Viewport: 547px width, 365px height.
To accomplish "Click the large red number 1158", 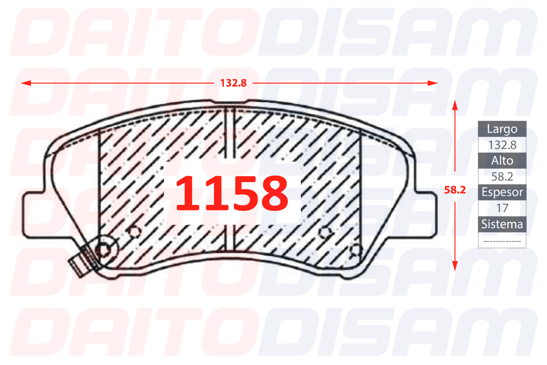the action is pos(232,193).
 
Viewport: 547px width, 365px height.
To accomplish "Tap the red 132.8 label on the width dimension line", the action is pos(233,83).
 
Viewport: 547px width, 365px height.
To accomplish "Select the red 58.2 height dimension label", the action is pos(455,190).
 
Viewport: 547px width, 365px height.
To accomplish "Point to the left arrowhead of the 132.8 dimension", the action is pos(26,83).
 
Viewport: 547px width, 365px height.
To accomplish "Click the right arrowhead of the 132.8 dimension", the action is pos(432,83).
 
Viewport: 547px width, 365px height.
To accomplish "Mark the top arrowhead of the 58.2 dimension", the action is pos(455,105).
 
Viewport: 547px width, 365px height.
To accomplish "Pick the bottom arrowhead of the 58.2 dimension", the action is pos(455,266).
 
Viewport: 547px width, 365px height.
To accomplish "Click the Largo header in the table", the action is pos(502,129).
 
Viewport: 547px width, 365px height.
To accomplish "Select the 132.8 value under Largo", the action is pos(502,145).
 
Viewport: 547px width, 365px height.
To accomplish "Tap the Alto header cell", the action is pos(502,161).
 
